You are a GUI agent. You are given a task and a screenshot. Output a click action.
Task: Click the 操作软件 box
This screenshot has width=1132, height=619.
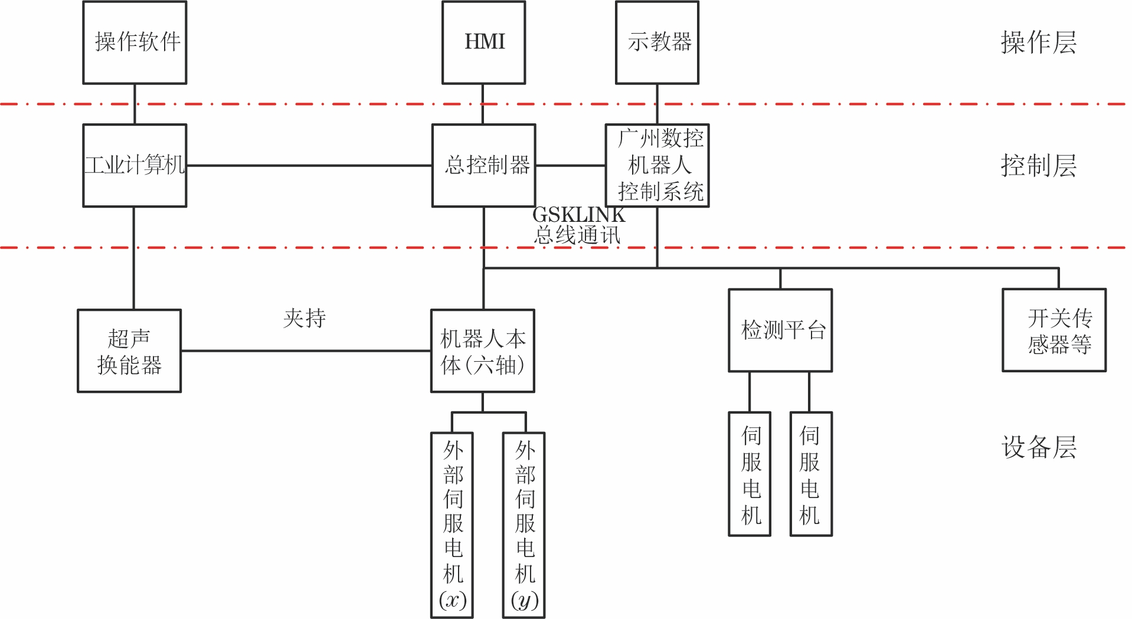coord(135,42)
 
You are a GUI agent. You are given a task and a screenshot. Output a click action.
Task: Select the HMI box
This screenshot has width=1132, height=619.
coord(483,42)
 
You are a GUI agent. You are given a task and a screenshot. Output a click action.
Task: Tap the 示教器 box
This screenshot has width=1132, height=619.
coord(657,42)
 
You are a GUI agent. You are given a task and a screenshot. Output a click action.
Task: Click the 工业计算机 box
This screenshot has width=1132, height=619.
coord(135,165)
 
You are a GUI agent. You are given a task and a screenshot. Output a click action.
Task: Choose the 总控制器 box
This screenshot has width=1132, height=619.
coord(483,165)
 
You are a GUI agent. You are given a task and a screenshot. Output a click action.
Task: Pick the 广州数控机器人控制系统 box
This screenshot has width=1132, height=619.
coord(657,165)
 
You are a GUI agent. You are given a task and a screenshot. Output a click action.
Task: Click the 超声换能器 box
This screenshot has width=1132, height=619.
coord(129,351)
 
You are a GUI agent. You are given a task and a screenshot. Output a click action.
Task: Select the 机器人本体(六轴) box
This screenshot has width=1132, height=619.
coord(483,351)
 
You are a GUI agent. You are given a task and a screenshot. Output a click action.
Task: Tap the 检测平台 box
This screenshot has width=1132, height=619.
coord(780,330)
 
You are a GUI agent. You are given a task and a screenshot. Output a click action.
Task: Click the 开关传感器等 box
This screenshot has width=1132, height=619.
coord(1054,330)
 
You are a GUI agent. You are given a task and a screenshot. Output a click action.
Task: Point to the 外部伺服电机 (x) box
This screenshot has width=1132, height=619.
coord(452,525)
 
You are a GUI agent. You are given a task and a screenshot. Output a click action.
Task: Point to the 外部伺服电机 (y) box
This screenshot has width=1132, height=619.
coord(524,525)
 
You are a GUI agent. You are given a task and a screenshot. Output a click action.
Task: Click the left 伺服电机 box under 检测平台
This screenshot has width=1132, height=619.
coord(750,474)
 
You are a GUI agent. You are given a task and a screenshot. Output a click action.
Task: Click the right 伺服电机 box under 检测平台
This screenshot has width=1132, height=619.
coord(811,474)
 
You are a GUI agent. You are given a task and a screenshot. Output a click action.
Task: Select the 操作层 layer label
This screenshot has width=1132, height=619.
coord(1038,42)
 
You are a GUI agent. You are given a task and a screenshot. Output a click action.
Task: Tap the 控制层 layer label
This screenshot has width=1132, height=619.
coord(1038,166)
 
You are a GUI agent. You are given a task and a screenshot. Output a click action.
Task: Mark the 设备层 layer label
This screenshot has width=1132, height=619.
coord(1038,447)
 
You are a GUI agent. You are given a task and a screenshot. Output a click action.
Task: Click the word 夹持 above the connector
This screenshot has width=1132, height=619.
coord(305,318)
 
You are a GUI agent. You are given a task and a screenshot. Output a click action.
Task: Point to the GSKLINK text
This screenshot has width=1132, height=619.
coord(578,215)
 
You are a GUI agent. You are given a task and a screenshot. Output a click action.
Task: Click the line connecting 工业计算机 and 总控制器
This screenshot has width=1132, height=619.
coord(309,166)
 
